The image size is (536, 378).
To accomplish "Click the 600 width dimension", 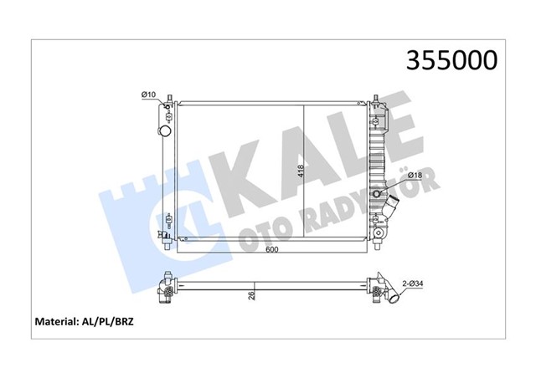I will coord(273,250).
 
